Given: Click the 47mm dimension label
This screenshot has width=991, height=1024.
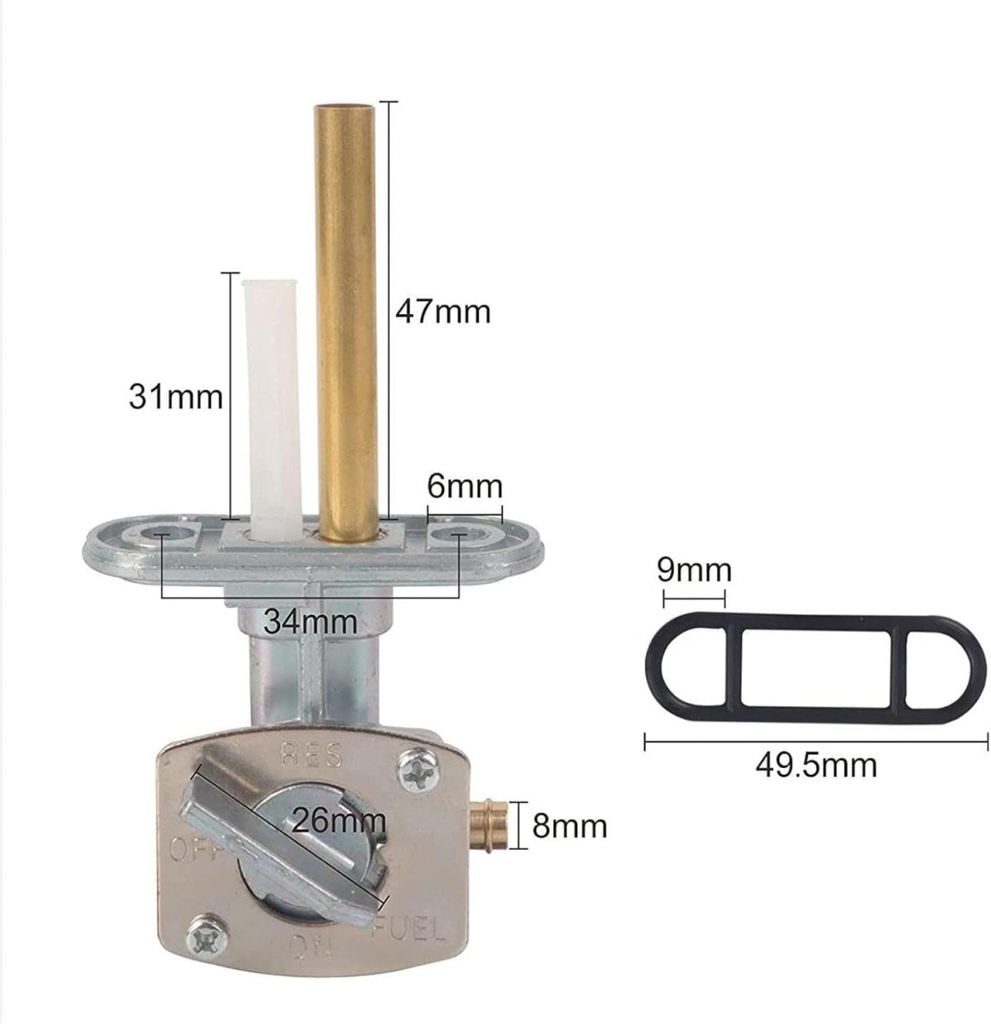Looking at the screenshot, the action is click(443, 312).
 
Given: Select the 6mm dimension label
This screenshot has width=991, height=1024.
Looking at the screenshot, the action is click(464, 486).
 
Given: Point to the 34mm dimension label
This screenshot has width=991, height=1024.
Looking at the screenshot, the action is click(310, 621).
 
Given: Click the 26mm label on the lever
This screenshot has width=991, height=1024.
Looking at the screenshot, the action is click(339, 820).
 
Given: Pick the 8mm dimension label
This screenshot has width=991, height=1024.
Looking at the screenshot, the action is click(569, 826).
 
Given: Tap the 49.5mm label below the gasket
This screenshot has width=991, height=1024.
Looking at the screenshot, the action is click(816, 765).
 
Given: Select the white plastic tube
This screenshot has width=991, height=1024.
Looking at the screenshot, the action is click(272, 410).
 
